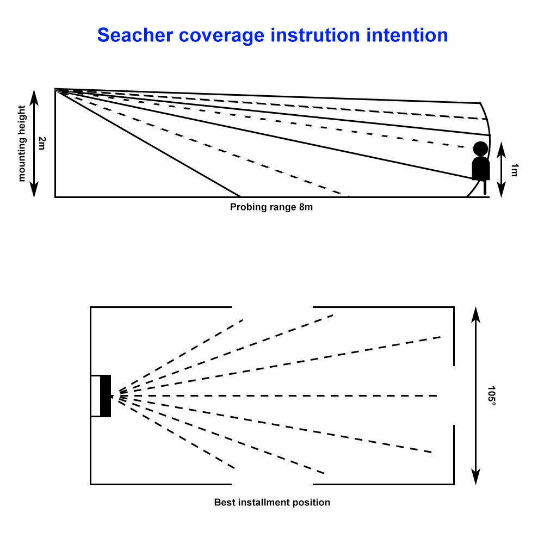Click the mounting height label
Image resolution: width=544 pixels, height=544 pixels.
22,143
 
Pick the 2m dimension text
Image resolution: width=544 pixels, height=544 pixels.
42,143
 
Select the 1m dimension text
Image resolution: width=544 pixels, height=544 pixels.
514,170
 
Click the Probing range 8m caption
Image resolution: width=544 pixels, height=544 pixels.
271,207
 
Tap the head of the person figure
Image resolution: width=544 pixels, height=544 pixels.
480,149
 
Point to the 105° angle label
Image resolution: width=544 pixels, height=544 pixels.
492,395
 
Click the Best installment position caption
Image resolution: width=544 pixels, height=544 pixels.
272,502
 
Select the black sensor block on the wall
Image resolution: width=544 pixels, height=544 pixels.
106,396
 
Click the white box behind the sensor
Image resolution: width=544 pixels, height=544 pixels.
95,396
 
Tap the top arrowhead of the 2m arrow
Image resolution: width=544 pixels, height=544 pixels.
34,96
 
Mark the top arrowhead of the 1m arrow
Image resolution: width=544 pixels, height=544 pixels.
500,147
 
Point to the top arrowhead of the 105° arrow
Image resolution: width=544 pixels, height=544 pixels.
476,313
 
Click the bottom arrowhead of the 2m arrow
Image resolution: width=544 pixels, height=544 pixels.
34,190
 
